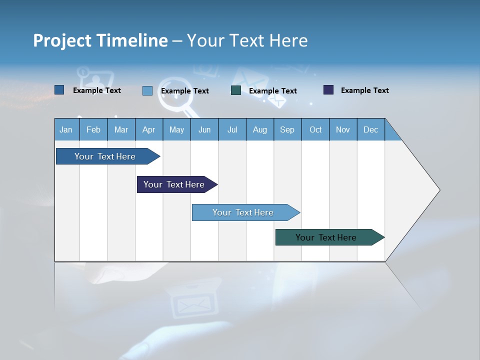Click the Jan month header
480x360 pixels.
tap(66, 129)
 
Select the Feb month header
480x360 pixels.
tap(93, 129)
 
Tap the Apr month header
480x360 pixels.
tap(148, 129)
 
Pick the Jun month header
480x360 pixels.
tap(204, 129)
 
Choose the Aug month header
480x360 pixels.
tap(259, 129)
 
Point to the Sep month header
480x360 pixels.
tap(287, 129)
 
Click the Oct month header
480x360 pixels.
tap(315, 129)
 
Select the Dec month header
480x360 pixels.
tap(370, 129)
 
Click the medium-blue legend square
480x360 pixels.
tap(59, 90)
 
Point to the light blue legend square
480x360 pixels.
tap(147, 90)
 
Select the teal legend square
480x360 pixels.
tap(236, 90)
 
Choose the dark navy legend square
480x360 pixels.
tap(328, 90)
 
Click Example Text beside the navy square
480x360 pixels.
tap(364, 90)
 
